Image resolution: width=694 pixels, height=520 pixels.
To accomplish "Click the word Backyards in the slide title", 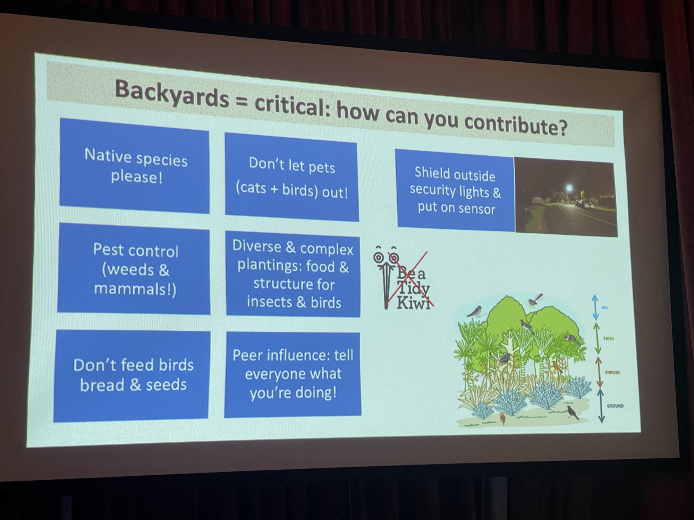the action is click(172, 94).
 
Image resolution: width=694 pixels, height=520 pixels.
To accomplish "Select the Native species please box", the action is click(135, 166).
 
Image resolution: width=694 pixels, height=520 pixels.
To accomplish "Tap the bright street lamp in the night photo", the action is click(569, 188).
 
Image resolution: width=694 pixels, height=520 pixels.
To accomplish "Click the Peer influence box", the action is click(293, 374).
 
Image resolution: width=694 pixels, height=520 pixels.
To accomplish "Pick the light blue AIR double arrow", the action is click(595, 307).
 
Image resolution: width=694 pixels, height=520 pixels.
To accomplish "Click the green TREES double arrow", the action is click(597, 338).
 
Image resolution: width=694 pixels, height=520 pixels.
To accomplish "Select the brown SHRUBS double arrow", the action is click(599, 372).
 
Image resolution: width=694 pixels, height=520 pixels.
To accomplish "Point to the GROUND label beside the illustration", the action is click(615, 406).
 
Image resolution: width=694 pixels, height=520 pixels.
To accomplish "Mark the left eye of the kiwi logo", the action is click(378, 258).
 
